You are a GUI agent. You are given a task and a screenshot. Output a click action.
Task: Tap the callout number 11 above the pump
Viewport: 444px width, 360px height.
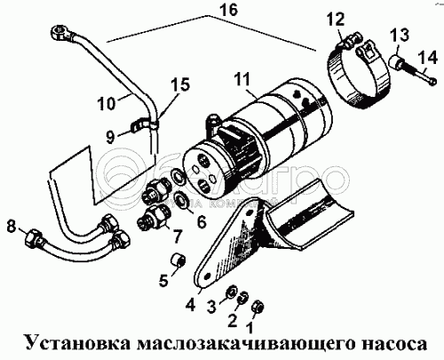coord(242,80)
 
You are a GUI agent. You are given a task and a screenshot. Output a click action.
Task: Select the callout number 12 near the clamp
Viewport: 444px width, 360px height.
coord(336,20)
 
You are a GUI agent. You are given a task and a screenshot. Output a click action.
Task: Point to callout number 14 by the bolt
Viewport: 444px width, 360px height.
coord(427,58)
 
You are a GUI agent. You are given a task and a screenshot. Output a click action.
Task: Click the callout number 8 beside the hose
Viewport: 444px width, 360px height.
coord(12,228)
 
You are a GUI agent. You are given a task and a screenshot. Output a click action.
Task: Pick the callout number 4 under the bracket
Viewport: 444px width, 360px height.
coord(190,305)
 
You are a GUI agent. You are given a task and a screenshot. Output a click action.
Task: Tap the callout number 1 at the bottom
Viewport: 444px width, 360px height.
coord(249,328)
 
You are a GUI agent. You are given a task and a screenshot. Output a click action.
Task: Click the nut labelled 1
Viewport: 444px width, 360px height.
coord(256,307)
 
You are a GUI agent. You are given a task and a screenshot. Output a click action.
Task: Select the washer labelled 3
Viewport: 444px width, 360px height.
coord(231,293)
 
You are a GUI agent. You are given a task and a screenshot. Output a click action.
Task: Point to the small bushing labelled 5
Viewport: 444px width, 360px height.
coord(178,260)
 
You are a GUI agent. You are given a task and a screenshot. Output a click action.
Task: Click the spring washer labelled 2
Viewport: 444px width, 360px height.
coord(243,298)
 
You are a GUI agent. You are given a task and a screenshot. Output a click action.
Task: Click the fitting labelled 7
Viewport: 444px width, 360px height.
coord(154,220)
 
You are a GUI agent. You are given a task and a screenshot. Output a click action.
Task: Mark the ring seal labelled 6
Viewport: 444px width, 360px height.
coord(180,202)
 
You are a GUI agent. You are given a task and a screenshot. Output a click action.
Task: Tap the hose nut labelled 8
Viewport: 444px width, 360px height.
coord(34,237)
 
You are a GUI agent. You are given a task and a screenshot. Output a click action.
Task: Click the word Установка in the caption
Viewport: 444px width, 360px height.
coord(78,343)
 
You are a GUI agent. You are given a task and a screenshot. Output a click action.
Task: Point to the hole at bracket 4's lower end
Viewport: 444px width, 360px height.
coord(207,276)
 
